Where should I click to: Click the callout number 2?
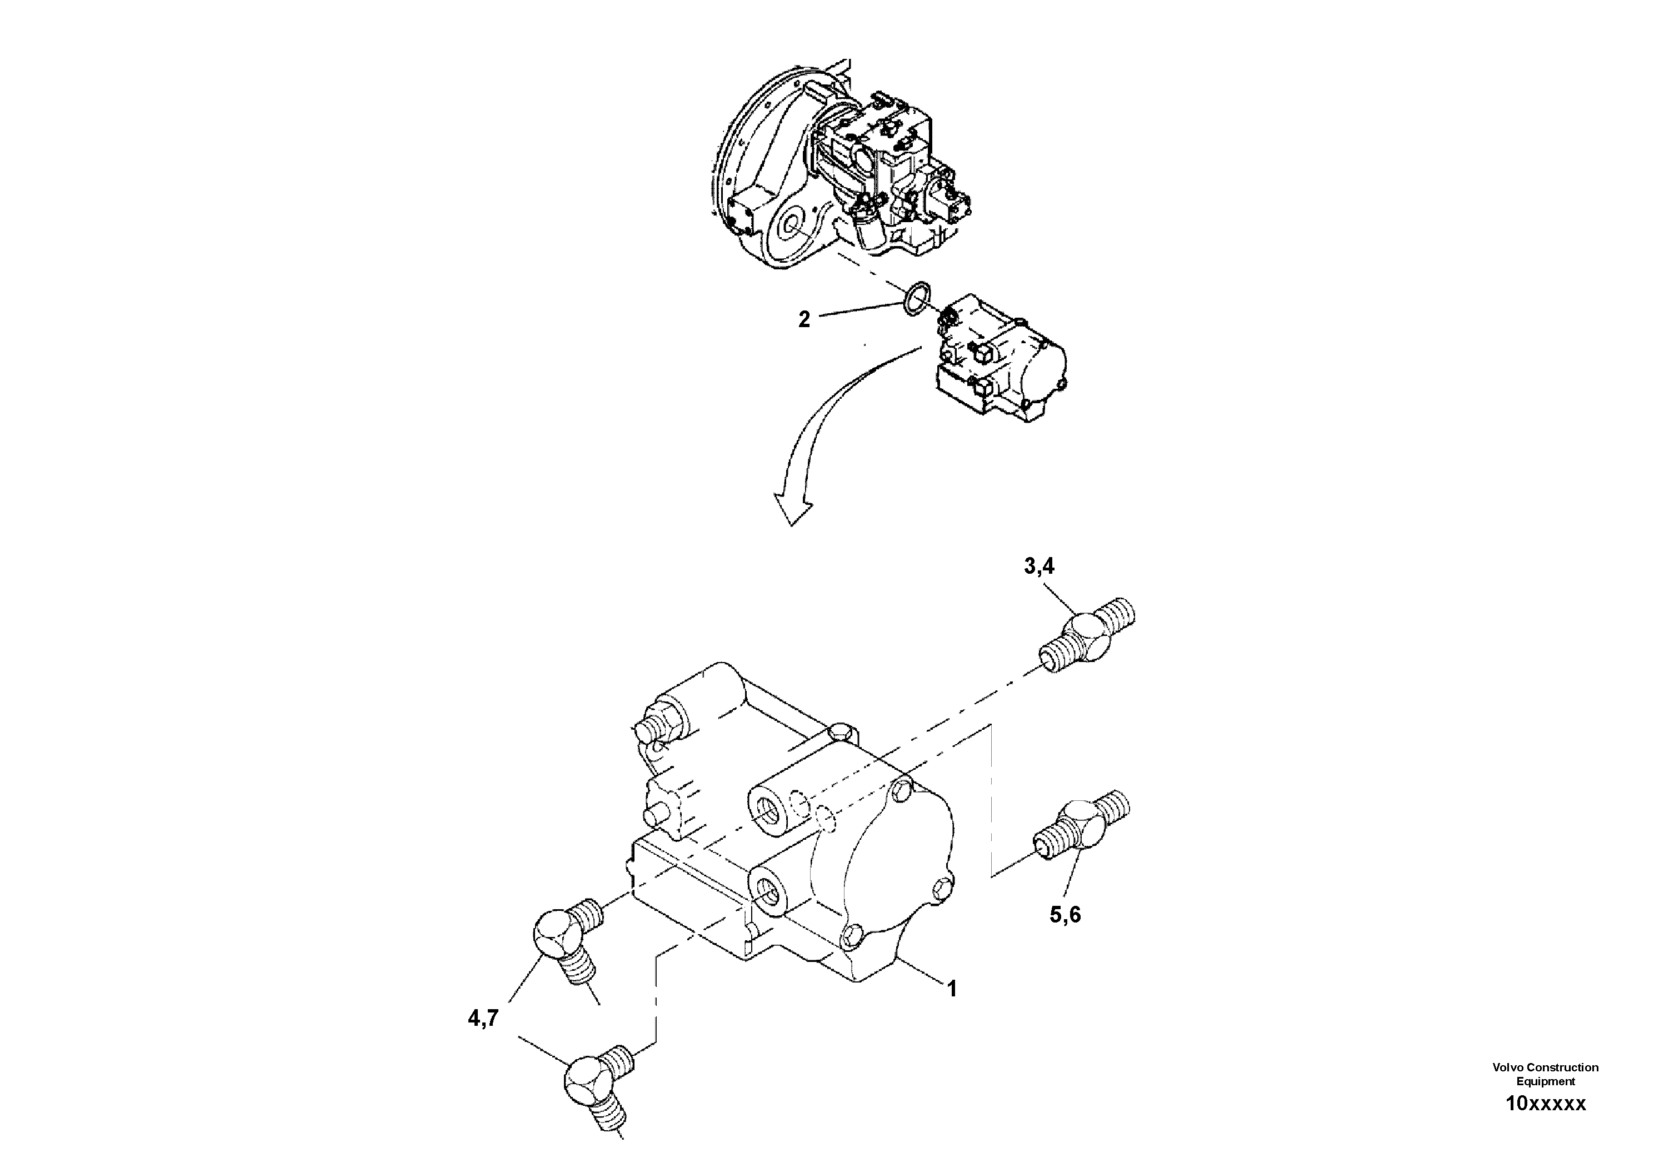804,319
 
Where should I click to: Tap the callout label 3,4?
1039,567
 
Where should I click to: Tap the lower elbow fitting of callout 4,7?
595,1090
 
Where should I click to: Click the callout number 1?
952,989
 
